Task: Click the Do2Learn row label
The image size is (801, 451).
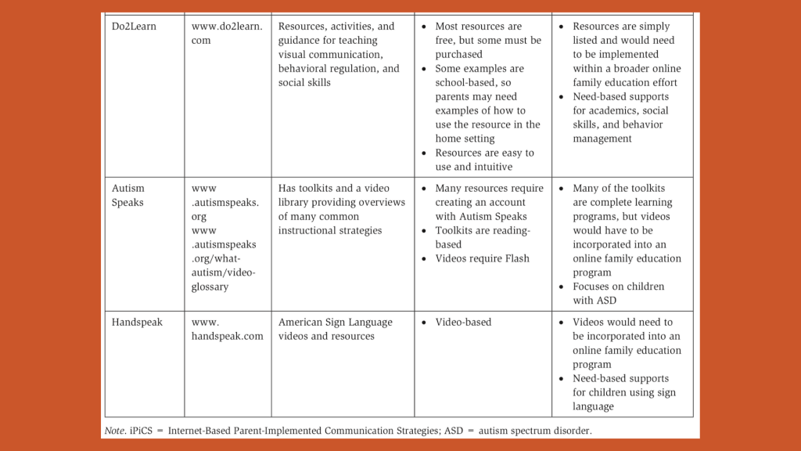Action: coord(134,27)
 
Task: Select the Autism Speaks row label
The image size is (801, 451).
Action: coord(128,195)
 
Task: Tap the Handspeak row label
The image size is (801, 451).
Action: coord(137,322)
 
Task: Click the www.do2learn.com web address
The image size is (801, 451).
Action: coord(227,33)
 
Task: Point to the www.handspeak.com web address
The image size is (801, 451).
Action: coord(227,329)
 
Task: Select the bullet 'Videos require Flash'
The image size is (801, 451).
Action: coord(482,258)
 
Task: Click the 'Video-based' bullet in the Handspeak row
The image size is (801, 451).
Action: coord(463,322)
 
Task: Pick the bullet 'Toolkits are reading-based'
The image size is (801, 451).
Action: coord(483,237)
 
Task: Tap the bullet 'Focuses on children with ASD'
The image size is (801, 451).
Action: coord(618,294)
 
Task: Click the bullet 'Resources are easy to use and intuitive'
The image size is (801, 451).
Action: coord(484,160)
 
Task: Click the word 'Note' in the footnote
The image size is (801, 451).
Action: coord(115,431)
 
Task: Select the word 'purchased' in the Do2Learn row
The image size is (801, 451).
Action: coord(459,55)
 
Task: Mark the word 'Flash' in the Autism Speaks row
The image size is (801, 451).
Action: coord(514,258)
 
